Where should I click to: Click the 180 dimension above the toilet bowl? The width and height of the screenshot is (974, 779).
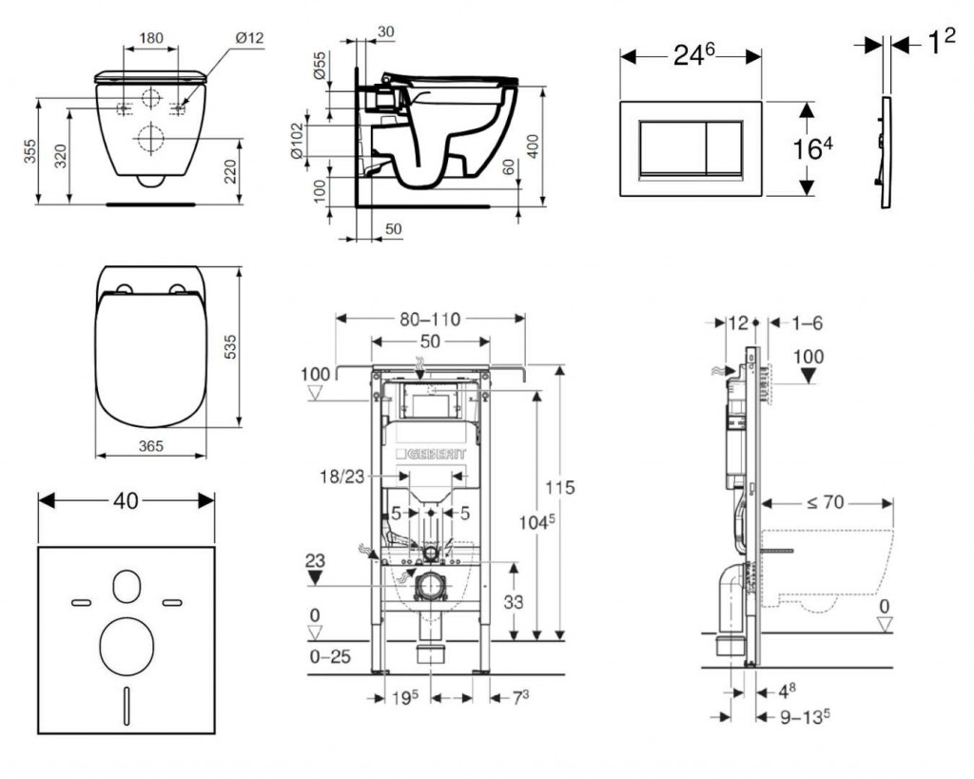pyautogui.click(x=151, y=39)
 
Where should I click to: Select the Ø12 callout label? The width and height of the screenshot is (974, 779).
pyautogui.click(x=249, y=38)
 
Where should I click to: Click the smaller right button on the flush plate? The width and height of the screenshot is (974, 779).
pyautogui.click(x=723, y=149)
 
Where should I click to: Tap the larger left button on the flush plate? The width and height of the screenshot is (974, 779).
pyautogui.click(x=672, y=149)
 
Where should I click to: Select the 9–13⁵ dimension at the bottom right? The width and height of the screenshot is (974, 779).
pyautogui.click(x=797, y=715)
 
